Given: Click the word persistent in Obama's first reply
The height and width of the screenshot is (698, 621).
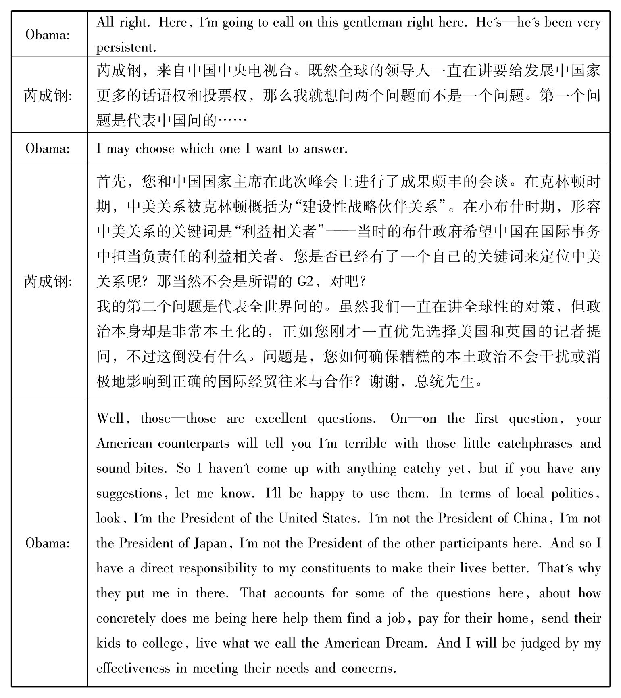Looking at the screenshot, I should pos(126,48).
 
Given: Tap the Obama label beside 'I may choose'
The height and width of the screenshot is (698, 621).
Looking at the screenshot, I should pos(48,149).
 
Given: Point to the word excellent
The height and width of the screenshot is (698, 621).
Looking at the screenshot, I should pos(281,419).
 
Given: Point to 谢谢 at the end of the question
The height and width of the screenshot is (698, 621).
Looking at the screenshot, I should pos(383,381).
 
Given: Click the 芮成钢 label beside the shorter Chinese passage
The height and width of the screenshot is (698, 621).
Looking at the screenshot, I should pos(48,96).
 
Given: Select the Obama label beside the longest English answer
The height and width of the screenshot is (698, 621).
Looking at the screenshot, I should pos(48,543).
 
